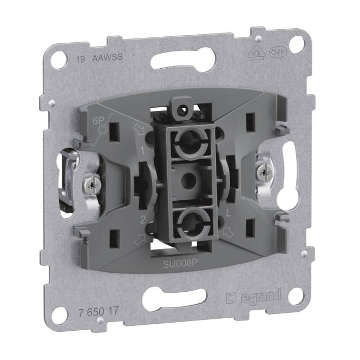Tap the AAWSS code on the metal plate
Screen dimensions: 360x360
[104, 58]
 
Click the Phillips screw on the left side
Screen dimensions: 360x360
[91, 186]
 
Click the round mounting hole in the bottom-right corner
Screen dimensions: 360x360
[295, 296]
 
